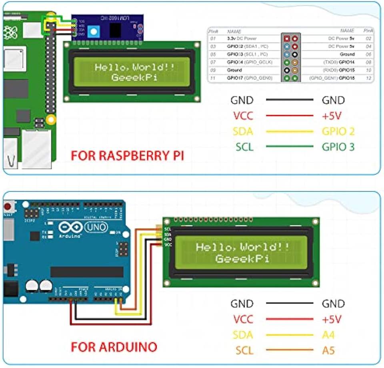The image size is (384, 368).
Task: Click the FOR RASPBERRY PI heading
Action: click(127, 155)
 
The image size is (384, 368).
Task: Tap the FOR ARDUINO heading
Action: click(114, 346)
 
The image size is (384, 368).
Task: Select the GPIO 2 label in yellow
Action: click(338, 131)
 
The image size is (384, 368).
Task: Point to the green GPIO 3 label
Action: click(338, 147)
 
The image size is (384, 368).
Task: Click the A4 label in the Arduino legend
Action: click(329, 335)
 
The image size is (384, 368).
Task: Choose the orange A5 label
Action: click(329, 350)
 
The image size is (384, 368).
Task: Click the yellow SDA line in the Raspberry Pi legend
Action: click(290, 131)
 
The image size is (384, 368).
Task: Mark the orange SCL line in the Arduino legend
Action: click(290, 351)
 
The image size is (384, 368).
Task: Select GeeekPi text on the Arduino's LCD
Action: click(242, 259)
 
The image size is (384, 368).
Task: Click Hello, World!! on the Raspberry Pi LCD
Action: click(134, 67)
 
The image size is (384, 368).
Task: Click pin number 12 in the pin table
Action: click(368, 78)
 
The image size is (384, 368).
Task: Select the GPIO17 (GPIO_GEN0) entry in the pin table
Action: click(250, 78)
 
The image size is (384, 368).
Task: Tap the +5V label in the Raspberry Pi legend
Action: click(332, 116)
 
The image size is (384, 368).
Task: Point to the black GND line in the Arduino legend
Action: click(290, 304)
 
